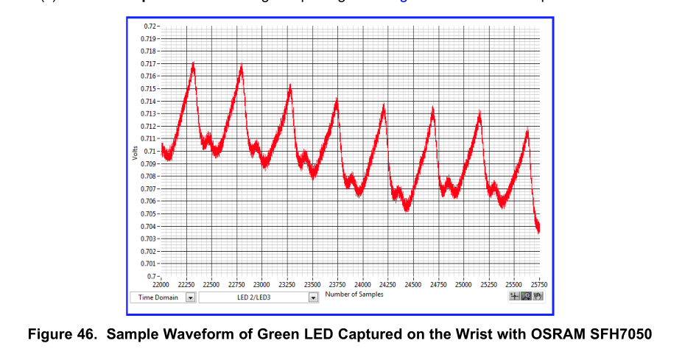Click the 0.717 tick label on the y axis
coord(148,64)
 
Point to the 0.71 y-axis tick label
coord(150,151)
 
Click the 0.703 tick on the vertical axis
coord(148,239)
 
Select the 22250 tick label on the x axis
coord(186,284)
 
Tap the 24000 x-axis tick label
coord(362,284)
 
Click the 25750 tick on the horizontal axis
coord(539,284)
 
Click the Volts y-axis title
coord(135,153)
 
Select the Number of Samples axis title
coord(354,294)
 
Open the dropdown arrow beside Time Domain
coord(190,297)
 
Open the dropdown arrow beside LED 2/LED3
coord(313,297)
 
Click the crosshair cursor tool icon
coord(514,296)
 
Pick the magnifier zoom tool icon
coord(526,296)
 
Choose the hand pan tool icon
coord(537,296)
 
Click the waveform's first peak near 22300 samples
coord(193,63)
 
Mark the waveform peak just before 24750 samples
coord(433,108)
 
